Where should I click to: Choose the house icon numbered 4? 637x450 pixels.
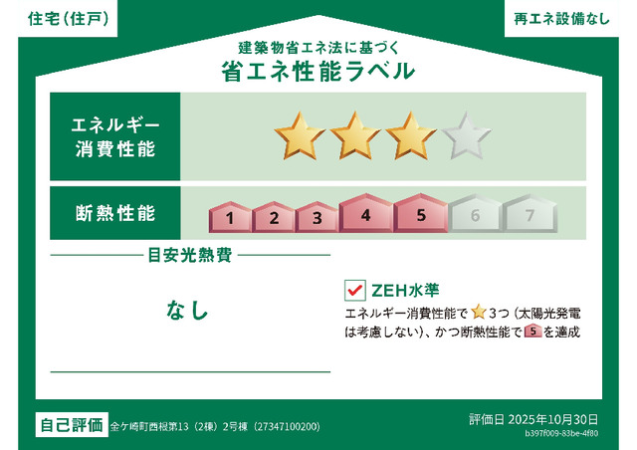coord(365,213)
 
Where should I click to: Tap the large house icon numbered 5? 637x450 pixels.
coord(420,213)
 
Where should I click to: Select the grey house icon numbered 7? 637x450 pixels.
coord(529,214)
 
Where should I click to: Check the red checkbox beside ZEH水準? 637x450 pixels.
coord(354,291)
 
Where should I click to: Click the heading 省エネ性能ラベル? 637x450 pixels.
coord(318,73)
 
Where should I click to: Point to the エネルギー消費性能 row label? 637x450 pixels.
coord(114,137)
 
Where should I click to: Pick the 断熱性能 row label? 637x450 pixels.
coord(114,213)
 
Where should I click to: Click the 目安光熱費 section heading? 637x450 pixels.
coord(190,256)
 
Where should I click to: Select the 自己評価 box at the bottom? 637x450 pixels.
coord(71,425)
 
